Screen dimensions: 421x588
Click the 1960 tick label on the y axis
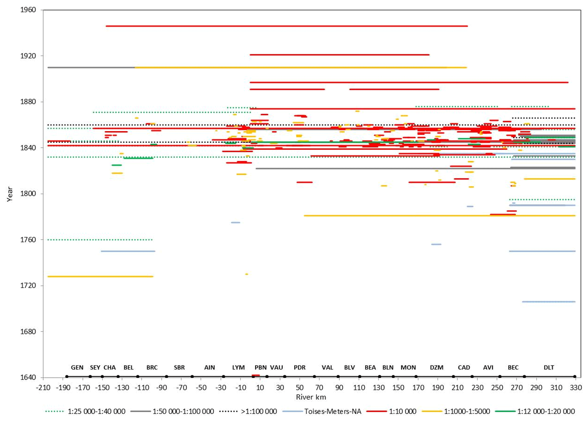pos(28,10)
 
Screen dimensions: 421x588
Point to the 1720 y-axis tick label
pos(28,286)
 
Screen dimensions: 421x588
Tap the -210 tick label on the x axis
pos(43,387)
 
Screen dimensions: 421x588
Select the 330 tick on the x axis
pos(576,387)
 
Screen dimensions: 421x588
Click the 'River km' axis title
pos(311,397)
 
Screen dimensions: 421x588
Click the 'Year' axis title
pos(10,194)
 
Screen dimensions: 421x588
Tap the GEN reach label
pos(77,367)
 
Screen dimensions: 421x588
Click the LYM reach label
pos(238,367)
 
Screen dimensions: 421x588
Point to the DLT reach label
pos(549,367)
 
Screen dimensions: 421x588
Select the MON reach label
pos(408,367)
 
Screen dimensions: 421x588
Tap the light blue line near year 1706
pos(549,302)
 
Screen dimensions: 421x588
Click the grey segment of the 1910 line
pos(91,67)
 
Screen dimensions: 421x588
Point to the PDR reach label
pos(300,367)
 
